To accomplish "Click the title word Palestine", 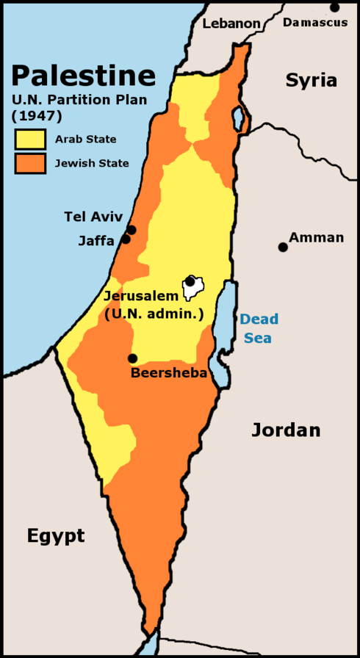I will (83, 76).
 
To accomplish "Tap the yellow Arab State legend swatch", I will (30, 139).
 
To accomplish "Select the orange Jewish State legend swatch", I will (30, 163).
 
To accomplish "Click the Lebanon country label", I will (231, 23).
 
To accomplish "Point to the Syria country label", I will (312, 80).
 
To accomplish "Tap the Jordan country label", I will (286, 430).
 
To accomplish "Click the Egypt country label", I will (56, 535).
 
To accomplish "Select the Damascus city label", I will (315, 23).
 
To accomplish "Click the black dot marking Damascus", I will (335, 7).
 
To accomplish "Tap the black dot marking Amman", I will (283, 247).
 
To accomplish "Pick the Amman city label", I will (316, 237).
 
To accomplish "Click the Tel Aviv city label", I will (93, 217).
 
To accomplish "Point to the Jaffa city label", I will (96, 240).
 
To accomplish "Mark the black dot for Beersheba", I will (132, 358).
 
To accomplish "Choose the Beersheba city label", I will (169, 372).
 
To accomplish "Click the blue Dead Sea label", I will (259, 328).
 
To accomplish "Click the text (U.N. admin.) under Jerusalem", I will (154, 314).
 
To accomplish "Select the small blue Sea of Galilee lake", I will (238, 117).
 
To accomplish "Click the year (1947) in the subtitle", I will (37, 115).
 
